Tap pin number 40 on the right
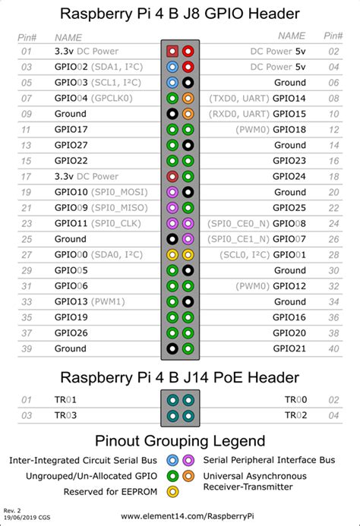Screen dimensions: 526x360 333,348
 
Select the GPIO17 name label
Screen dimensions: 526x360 71,130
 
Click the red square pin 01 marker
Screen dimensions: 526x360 172,52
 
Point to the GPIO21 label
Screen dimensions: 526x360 289,348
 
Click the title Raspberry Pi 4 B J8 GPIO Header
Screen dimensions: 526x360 180,14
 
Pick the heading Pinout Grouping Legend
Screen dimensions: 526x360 180,441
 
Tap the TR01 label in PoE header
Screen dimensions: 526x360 66,399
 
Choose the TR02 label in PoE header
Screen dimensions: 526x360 295,415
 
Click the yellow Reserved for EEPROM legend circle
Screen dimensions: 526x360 172,491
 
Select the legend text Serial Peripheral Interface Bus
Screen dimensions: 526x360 269,461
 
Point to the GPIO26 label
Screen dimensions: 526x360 71,332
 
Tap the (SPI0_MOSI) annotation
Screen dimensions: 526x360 117,192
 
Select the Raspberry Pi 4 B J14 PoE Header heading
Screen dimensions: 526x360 180,377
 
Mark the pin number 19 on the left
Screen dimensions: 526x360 27,192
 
